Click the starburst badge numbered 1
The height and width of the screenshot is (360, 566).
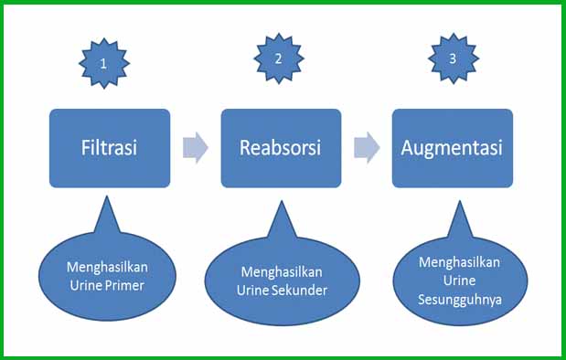click(105, 63)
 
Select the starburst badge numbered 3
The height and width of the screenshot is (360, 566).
click(454, 57)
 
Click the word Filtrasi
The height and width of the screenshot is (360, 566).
click(109, 147)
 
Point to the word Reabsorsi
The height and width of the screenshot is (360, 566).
click(281, 147)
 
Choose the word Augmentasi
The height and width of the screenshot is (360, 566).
click(453, 146)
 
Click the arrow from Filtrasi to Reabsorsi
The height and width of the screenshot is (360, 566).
click(195, 148)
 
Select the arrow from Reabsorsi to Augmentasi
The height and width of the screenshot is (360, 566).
click(367, 147)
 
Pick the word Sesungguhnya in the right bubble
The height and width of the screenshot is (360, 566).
click(460, 298)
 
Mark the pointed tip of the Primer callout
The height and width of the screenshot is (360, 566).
click(109, 200)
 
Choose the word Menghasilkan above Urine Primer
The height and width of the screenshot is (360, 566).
click(107, 267)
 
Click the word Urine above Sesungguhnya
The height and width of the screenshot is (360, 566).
click(460, 280)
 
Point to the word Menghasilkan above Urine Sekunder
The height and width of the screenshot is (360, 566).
click(283, 272)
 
